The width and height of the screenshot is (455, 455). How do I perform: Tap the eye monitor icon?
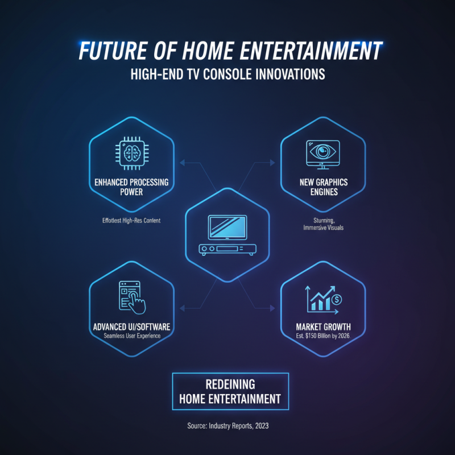322,154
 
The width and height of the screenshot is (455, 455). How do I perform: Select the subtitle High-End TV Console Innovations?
227,76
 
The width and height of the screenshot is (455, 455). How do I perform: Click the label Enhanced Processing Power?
131,188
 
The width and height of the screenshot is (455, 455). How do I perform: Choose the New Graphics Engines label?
322,188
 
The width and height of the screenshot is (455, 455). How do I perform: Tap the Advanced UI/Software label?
131,327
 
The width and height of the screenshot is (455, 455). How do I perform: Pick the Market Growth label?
322,327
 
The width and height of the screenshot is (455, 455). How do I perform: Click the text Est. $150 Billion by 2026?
322,336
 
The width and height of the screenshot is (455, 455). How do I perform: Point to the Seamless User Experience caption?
131,336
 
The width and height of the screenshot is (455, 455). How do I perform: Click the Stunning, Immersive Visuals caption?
322,223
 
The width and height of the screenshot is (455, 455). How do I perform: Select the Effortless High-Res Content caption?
131,220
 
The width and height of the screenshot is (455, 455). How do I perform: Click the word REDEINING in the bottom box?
230,385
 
